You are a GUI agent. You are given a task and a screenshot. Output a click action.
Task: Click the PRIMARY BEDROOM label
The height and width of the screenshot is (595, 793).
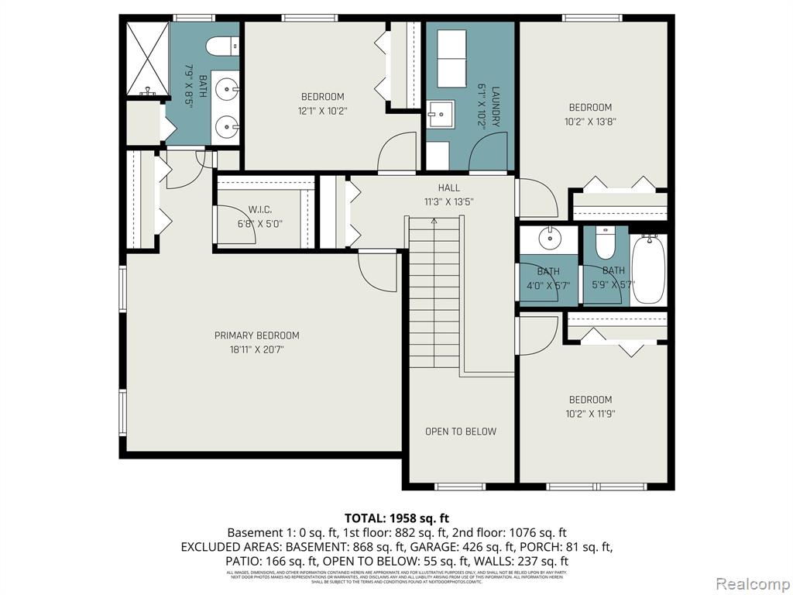pos(256,335)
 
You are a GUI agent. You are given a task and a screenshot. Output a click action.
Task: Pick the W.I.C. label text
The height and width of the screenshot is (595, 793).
pos(259,210)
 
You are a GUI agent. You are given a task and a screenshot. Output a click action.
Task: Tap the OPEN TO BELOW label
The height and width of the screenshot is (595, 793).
pos(461,432)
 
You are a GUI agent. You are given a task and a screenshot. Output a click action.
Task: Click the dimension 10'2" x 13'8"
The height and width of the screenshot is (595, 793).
pos(590,122)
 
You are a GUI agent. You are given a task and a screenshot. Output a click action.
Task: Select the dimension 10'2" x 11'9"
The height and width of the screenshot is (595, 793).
pos(590,414)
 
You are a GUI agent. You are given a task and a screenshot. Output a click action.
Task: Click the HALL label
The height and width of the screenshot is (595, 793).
pos(448,187)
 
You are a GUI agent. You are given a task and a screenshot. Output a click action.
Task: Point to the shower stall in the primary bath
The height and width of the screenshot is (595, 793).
pos(147,57)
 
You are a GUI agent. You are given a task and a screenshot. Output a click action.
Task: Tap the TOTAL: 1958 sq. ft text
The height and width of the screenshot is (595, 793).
pos(396,518)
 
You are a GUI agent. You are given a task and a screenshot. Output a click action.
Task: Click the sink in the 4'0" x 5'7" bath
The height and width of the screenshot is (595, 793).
pos(551,238)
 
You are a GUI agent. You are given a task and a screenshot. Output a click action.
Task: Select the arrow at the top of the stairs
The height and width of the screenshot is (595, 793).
pos(434,222)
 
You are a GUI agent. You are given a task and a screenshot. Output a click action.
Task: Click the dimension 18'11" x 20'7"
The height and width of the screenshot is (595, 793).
pos(256,349)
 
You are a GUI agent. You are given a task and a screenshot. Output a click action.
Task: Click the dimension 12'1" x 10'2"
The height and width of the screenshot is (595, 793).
pos(322,111)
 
